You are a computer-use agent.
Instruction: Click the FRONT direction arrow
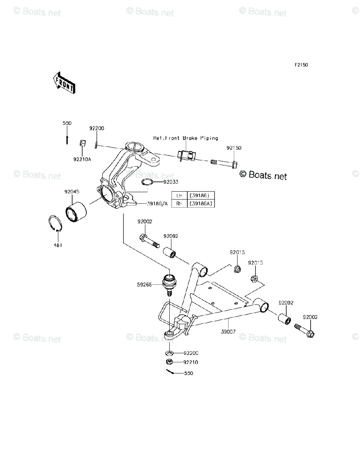pos(64,83)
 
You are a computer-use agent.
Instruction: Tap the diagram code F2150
pos(301,65)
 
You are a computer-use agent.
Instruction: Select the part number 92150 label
pos(234,148)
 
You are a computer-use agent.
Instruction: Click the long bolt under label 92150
pos(224,164)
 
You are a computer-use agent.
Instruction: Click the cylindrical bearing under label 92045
pos(76,212)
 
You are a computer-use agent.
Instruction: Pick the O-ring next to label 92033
pos(147,182)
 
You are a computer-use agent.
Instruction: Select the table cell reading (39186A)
pos(201,203)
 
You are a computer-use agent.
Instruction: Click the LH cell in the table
pos(179,195)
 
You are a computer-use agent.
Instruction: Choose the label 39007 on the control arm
pos(228,332)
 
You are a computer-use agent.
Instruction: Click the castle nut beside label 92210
pos(169,362)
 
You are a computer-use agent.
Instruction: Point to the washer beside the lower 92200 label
pos(169,353)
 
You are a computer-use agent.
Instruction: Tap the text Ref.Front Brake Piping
pos(186,138)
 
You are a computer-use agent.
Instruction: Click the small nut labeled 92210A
pos(83,143)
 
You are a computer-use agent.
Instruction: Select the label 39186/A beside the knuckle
pos(157,203)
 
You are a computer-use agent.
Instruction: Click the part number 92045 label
pos(72,192)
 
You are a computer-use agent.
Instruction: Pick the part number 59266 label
pos(144,284)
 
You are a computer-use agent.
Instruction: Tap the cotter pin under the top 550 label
pos(67,140)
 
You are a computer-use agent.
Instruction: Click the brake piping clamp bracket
pos(186,156)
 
